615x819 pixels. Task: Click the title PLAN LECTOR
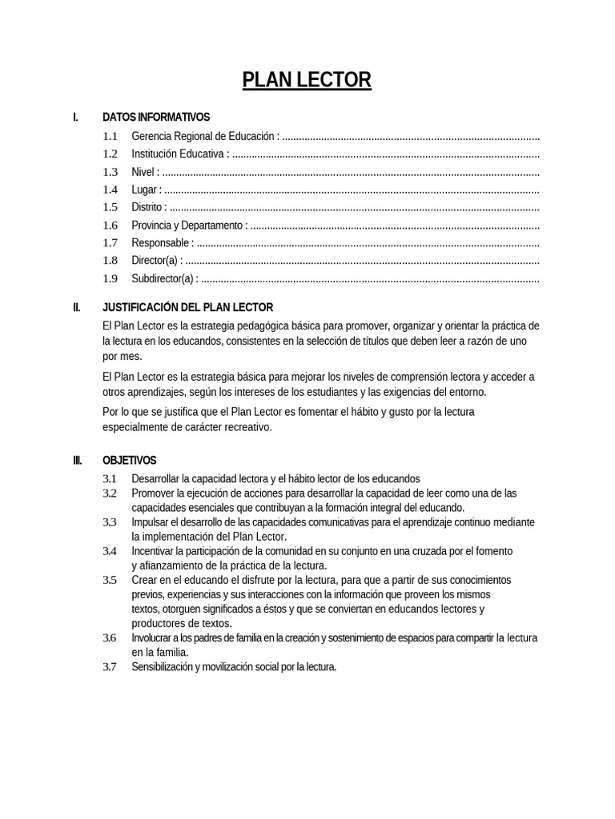307,81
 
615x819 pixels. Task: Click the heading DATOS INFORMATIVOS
155,118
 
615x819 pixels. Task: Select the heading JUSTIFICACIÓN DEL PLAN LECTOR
187,307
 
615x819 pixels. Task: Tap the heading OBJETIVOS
129,461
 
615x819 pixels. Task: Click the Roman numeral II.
76,307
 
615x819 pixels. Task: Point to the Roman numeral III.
77,461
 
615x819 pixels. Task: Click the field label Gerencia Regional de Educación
204,136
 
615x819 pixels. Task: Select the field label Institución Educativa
179,154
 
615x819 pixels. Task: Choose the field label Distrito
147,207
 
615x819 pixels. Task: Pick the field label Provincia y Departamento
187,226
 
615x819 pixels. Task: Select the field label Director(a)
155,261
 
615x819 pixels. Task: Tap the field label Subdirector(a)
163,279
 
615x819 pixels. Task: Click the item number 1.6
110,226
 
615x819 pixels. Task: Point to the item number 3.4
110,551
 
